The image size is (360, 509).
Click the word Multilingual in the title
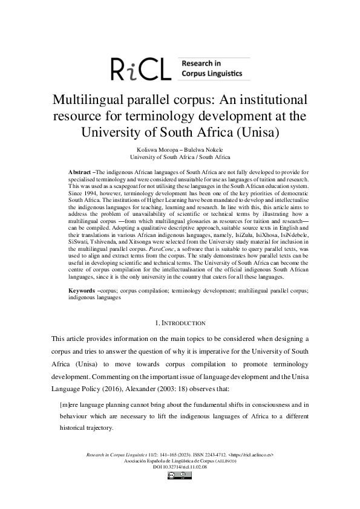point(94,100)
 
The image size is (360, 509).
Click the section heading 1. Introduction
point(180,323)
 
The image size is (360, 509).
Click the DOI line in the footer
point(180,467)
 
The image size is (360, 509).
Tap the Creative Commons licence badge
point(180,476)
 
